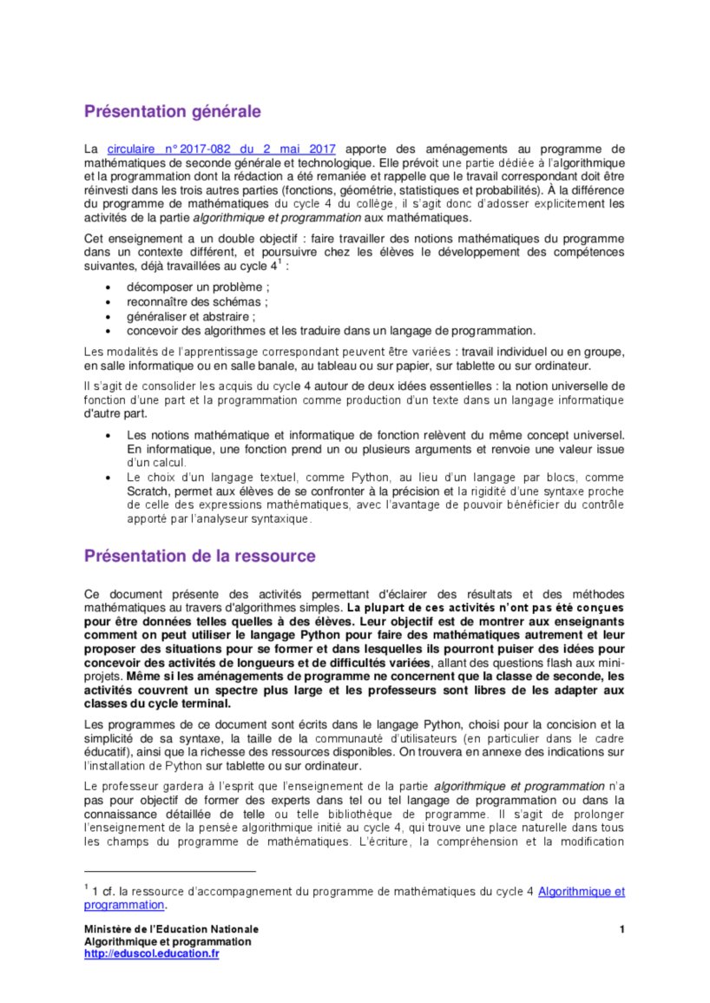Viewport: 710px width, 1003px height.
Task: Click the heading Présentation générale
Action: click(x=172, y=112)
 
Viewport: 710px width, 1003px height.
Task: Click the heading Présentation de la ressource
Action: click(x=200, y=556)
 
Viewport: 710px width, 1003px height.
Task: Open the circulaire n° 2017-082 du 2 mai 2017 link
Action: click(x=220, y=149)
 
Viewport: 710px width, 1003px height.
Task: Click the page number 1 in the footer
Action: click(x=622, y=930)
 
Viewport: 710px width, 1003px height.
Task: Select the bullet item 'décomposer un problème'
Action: click(x=198, y=287)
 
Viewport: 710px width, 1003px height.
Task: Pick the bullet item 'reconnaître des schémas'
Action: click(x=197, y=301)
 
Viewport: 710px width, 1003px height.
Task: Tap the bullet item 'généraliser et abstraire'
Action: click(x=191, y=316)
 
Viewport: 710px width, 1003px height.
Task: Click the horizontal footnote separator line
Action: click(x=170, y=871)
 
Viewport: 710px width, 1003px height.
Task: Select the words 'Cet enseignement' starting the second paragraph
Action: click(x=130, y=238)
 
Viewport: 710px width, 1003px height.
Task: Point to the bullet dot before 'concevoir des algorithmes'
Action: click(x=107, y=331)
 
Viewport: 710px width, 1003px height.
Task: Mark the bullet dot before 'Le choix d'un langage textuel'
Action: click(x=107, y=477)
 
